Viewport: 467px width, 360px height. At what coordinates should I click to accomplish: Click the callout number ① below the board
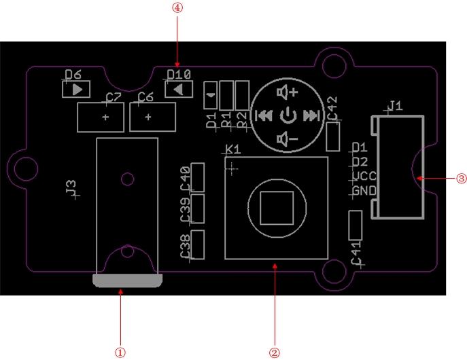(x=120, y=353)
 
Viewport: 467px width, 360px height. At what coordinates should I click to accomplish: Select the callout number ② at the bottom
(x=275, y=353)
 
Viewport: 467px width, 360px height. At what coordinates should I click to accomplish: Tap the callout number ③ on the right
(x=461, y=179)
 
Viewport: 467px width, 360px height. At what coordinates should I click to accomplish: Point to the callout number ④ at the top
(x=178, y=7)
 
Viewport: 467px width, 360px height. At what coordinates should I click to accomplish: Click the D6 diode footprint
(x=75, y=88)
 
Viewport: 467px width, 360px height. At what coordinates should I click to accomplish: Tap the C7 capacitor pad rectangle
(x=101, y=118)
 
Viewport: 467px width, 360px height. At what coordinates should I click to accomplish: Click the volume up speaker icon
(x=288, y=92)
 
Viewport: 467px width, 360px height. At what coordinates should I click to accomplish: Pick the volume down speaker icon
(x=288, y=139)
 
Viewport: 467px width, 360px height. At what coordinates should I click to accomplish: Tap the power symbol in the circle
(x=288, y=115)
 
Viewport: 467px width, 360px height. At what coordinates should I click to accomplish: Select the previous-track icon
(x=264, y=115)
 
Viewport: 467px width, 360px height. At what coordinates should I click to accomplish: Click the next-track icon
(x=312, y=115)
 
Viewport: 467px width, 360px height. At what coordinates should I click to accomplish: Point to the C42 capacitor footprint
(x=333, y=136)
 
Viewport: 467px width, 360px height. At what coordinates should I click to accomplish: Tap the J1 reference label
(x=394, y=105)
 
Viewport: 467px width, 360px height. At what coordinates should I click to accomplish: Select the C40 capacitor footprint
(x=198, y=177)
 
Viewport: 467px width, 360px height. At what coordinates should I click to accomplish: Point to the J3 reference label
(x=70, y=188)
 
